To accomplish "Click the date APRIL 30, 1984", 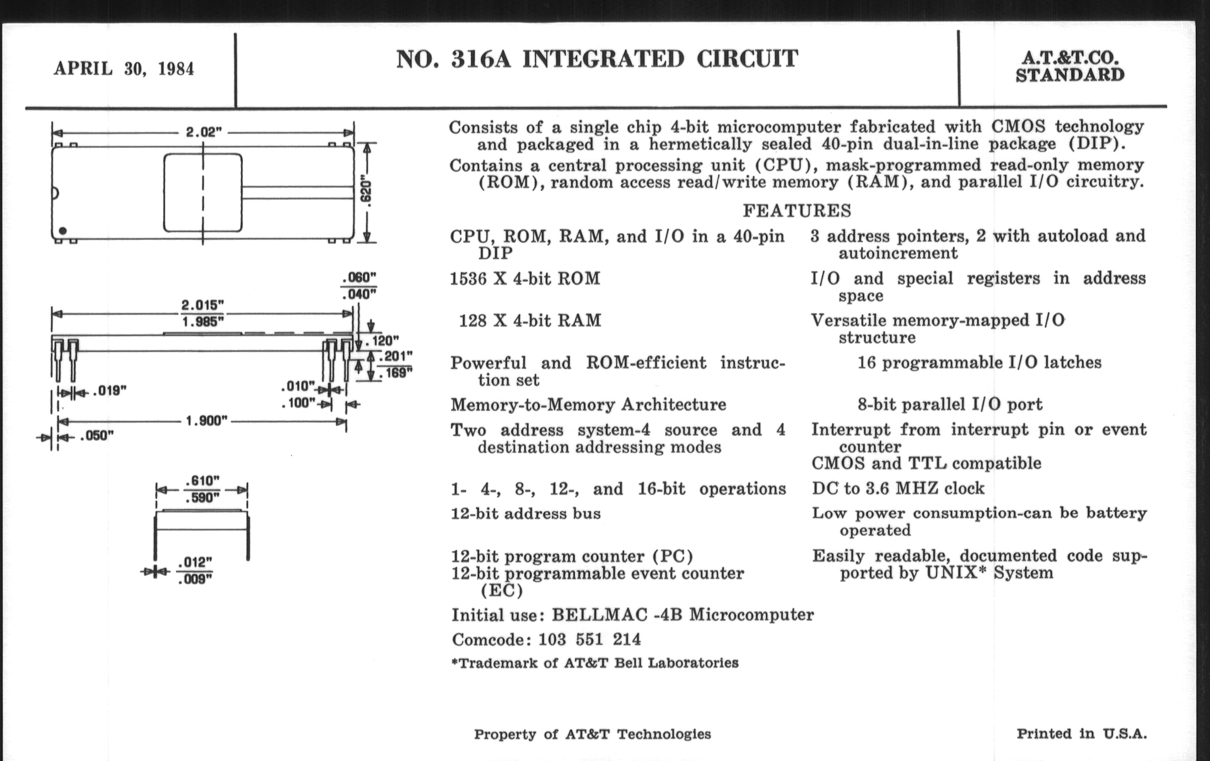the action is pos(123,69).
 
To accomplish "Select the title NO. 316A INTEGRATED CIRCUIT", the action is pos(597,59).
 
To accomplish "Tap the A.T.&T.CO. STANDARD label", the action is pos(1070,66).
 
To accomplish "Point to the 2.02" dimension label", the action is pos(203,132).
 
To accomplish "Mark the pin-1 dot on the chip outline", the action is pos(62,231).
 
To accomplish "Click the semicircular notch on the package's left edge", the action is pos(55,193).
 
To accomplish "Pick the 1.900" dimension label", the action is pos(206,420).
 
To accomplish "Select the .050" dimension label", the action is pos(97,436).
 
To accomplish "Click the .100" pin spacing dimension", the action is pos(298,403).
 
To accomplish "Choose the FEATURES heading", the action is pos(797,210).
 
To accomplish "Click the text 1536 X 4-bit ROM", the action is pos(525,278).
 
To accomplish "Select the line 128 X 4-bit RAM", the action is pos(530,320).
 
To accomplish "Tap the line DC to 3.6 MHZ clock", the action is pos(898,488).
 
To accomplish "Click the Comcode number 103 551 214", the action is pos(590,640).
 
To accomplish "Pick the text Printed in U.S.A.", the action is pos(1082,734).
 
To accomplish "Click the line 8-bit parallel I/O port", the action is pos(950,404).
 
